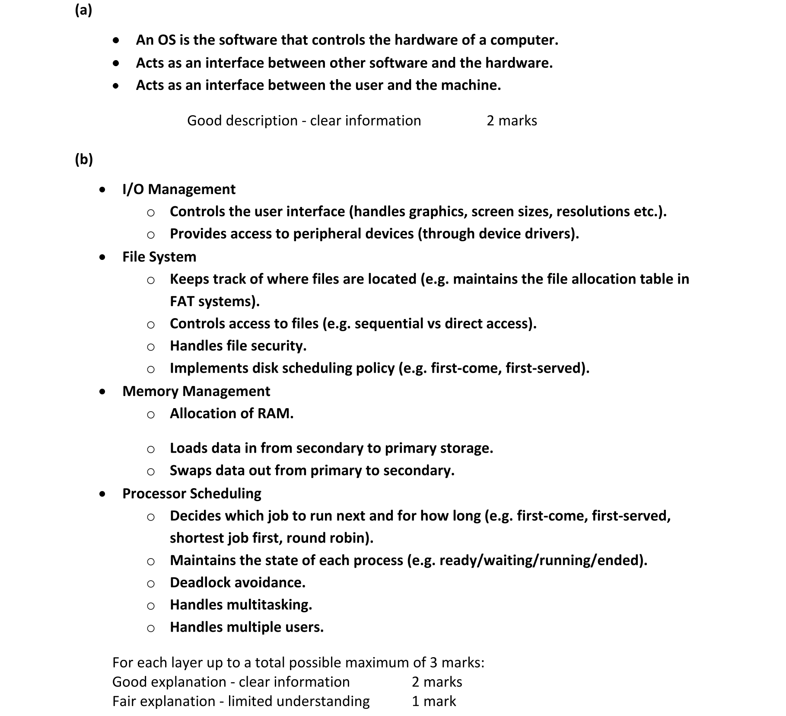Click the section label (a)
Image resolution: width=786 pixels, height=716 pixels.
(x=83, y=10)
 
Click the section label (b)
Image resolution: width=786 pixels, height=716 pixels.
(x=84, y=159)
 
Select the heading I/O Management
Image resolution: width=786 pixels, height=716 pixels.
(x=178, y=189)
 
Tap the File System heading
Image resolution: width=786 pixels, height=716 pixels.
(x=159, y=256)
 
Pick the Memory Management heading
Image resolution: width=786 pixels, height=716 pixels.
(x=196, y=391)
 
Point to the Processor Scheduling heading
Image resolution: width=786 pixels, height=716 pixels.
(x=191, y=493)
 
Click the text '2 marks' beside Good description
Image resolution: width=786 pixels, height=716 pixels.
(x=512, y=120)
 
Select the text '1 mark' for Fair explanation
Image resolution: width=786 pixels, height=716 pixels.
(x=433, y=701)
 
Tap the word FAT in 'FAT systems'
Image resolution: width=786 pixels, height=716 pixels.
(x=182, y=301)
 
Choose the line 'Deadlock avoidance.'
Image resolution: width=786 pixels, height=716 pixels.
(x=237, y=582)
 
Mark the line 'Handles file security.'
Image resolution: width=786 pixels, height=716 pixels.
(x=238, y=345)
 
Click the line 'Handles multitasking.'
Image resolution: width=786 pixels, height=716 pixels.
(x=241, y=604)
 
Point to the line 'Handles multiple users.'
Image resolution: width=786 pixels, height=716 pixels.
(x=246, y=627)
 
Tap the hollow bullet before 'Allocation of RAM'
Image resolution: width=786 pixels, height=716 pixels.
(x=150, y=415)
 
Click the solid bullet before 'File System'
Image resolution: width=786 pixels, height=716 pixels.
(x=102, y=257)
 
